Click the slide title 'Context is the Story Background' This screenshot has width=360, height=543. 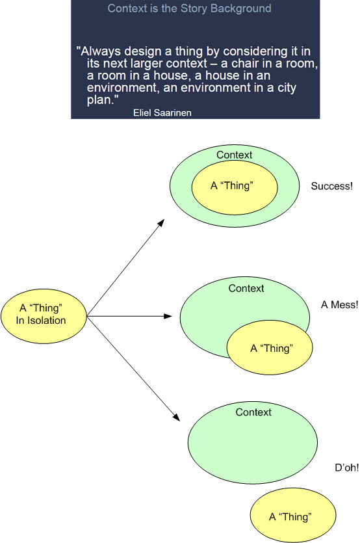[x=189, y=9]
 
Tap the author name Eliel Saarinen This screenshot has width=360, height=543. [x=162, y=113]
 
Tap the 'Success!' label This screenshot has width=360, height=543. [x=331, y=186]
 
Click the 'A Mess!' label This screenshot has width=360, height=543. [x=339, y=304]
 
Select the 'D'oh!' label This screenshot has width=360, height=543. [x=347, y=468]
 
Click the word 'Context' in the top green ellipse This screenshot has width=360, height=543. [x=234, y=155]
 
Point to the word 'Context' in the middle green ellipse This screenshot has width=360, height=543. [x=246, y=288]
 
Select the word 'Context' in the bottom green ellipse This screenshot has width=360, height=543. [x=253, y=412]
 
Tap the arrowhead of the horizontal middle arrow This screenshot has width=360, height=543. [x=168, y=317]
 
